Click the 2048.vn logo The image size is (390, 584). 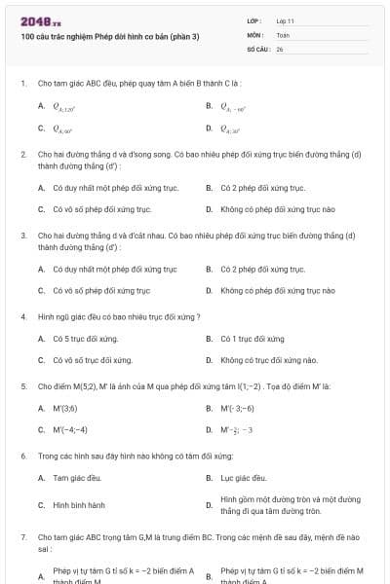[40, 20]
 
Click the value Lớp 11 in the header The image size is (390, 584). [285, 20]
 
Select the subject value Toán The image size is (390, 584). [283, 34]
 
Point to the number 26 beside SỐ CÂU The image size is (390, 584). [280, 48]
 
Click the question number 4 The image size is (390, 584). [22, 316]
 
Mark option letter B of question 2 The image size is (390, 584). [209, 188]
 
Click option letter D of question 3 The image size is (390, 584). [209, 290]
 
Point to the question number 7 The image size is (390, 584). [22, 536]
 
